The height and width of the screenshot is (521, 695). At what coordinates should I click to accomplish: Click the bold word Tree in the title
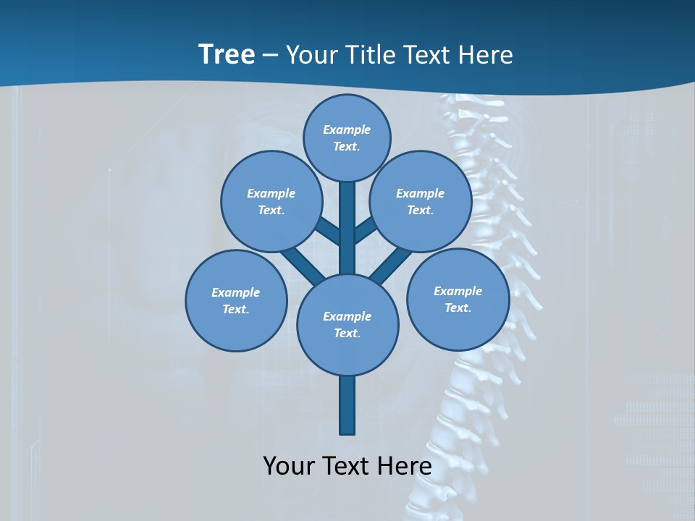[227, 55]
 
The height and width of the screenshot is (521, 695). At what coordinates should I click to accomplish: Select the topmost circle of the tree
[347, 137]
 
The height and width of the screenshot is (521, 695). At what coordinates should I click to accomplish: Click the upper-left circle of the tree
[271, 201]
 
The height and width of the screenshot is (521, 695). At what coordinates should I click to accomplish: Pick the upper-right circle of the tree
[421, 201]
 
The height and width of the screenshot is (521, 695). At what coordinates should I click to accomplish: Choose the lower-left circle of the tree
[236, 300]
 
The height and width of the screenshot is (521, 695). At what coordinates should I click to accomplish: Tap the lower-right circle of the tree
[458, 299]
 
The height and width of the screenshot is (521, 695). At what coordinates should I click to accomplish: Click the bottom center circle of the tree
[347, 324]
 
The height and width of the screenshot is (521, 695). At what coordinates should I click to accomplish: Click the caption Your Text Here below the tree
[347, 465]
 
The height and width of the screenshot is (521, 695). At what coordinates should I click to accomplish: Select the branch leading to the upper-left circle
[328, 230]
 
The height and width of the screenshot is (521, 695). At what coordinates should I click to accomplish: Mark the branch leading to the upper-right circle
[366, 230]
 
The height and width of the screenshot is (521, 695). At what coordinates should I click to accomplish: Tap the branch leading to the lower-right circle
[391, 265]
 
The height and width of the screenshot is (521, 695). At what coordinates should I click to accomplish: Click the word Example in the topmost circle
[347, 130]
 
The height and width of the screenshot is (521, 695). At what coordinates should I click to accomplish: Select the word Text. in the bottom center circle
[347, 333]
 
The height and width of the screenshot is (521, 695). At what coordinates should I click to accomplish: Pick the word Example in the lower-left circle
[236, 292]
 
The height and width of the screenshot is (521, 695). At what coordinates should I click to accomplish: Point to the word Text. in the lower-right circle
[458, 308]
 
